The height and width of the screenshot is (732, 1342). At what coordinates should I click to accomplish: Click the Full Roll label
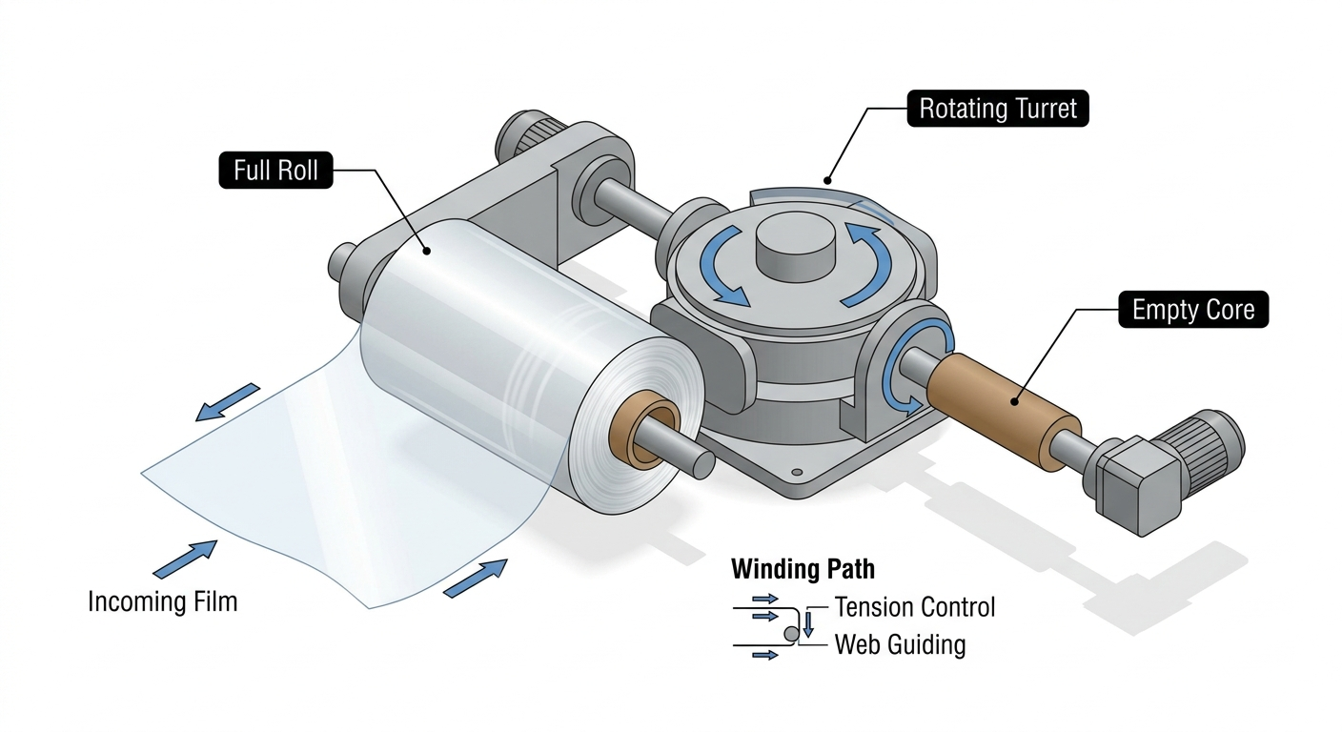pyautogui.click(x=275, y=171)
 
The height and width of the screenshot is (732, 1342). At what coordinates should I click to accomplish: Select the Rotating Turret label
pyautogui.click(x=998, y=109)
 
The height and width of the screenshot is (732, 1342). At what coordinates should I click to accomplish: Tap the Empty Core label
pyautogui.click(x=1192, y=310)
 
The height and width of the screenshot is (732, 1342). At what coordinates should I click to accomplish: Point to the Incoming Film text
pyautogui.click(x=162, y=601)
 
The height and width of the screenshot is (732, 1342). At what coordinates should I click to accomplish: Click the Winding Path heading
pyautogui.click(x=803, y=570)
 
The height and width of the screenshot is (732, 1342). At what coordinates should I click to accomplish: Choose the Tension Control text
pyautogui.click(x=914, y=607)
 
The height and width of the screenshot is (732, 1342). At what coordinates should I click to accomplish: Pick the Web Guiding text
pyautogui.click(x=900, y=644)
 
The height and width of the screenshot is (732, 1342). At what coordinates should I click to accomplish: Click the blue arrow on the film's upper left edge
pyautogui.click(x=228, y=401)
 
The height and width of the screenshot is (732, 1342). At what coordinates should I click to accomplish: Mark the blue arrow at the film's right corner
pyautogui.click(x=476, y=578)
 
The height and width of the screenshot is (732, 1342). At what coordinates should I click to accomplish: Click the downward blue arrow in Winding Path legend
pyautogui.click(x=808, y=623)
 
